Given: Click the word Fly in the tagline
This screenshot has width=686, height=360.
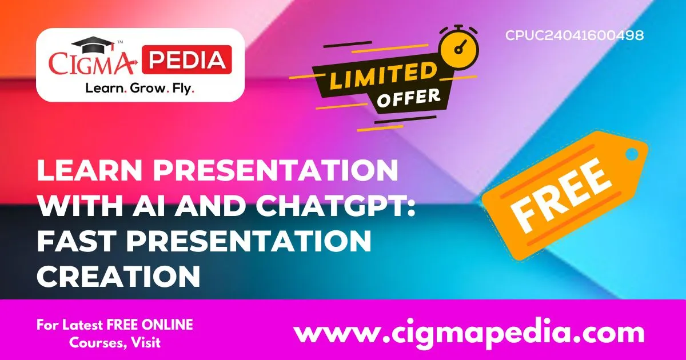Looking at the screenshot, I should (184, 89).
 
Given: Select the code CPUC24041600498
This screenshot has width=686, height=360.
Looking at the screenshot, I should (574, 35).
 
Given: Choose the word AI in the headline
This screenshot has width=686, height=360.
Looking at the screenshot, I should (165, 205).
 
